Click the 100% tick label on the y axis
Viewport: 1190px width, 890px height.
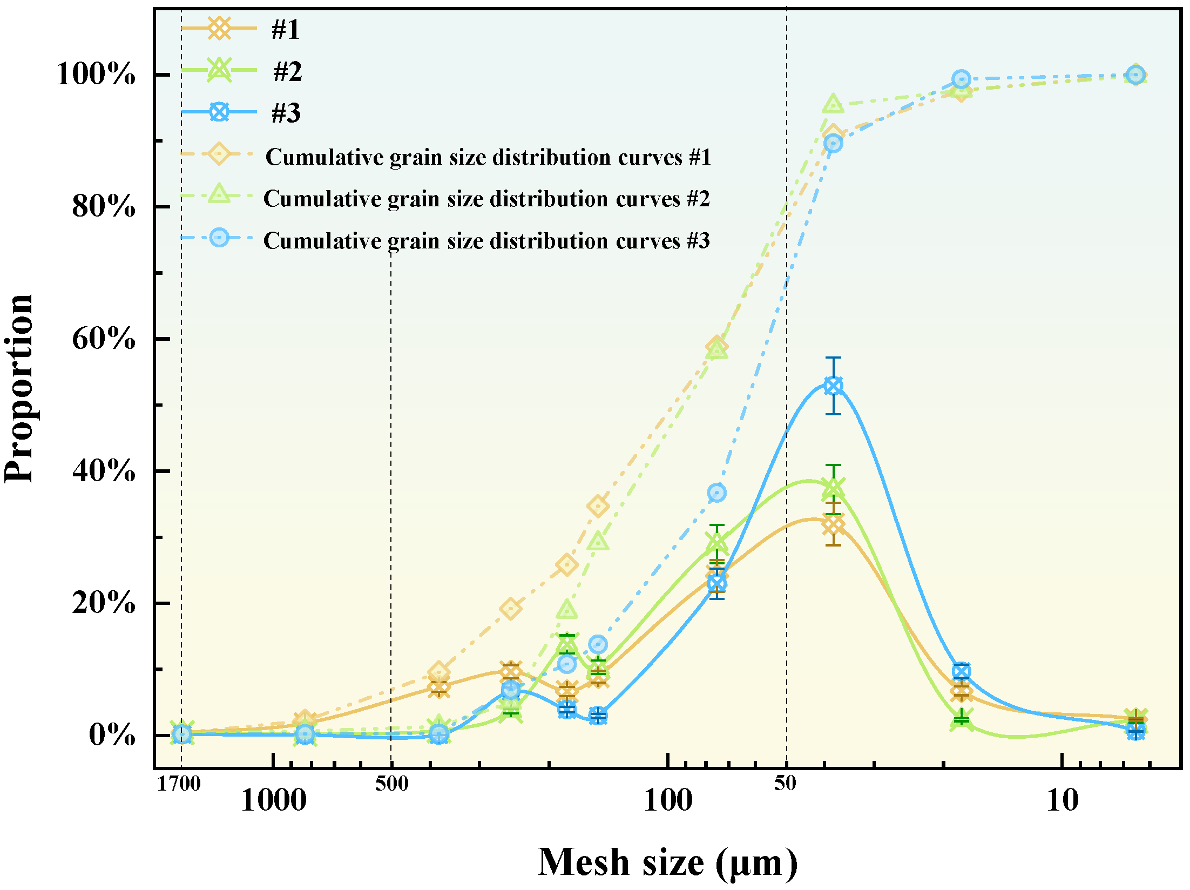pyautogui.click(x=96, y=74)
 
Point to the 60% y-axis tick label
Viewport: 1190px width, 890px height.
pyautogui.click(x=104, y=339)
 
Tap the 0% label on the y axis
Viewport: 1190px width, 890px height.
pyautogui.click(x=112, y=735)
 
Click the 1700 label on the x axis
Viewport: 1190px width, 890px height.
pyautogui.click(x=179, y=784)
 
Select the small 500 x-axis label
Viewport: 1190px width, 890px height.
pyautogui.click(x=391, y=784)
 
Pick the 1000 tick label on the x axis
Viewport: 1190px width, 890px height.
pyautogui.click(x=273, y=801)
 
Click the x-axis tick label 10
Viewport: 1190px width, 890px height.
pyautogui.click(x=1062, y=801)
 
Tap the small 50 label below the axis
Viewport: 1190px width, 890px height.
pyautogui.click(x=785, y=783)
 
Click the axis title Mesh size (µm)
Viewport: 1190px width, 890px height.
pyautogui.click(x=668, y=863)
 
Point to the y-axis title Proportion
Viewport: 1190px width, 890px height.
pyautogui.click(x=19, y=388)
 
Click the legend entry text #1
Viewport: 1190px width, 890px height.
pyautogui.click(x=285, y=29)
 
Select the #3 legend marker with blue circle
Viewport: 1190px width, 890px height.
pyautogui.click(x=219, y=112)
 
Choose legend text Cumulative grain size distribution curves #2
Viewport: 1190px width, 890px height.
pyautogui.click(x=486, y=199)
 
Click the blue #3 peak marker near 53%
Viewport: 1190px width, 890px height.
pyautogui.click(x=833, y=386)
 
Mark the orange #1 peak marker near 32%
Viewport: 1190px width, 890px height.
pyautogui.click(x=833, y=524)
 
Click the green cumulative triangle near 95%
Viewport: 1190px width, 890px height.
pyautogui.click(x=833, y=104)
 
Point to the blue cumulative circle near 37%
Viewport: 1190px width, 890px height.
pyautogui.click(x=716, y=493)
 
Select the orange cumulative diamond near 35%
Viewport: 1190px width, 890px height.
pyautogui.click(x=598, y=506)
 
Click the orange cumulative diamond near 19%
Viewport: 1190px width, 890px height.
pyautogui.click(x=511, y=609)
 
